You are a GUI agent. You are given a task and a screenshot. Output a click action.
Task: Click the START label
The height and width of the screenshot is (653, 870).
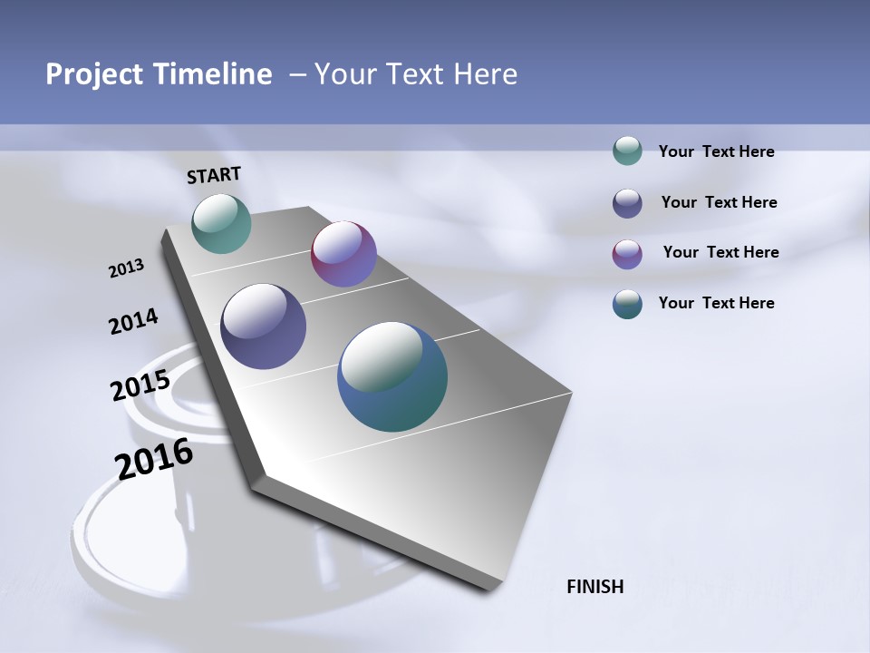(x=214, y=175)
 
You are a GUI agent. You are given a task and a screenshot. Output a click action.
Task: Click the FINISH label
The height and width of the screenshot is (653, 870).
(x=594, y=587)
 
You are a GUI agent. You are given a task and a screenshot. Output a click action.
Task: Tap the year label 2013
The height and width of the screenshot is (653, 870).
(x=126, y=268)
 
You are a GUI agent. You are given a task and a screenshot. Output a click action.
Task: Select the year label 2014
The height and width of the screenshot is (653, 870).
(x=133, y=322)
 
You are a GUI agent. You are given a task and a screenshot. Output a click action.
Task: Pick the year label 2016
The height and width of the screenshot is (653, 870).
(x=154, y=459)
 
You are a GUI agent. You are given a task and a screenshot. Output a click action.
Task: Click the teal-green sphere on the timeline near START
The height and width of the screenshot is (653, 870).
(x=221, y=223)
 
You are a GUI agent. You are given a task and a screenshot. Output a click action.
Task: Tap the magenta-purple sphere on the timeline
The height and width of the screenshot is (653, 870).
(x=343, y=254)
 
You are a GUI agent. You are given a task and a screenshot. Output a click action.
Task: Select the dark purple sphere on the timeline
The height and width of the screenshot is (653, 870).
(x=263, y=326)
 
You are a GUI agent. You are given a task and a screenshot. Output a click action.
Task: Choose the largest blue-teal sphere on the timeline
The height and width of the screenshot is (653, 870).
(x=392, y=376)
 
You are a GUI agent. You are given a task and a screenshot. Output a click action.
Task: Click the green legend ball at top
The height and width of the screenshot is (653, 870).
(x=627, y=151)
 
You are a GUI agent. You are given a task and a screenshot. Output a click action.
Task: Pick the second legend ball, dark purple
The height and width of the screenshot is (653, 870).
(x=627, y=203)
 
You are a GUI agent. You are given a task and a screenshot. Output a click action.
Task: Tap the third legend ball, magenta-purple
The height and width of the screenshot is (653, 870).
(x=627, y=254)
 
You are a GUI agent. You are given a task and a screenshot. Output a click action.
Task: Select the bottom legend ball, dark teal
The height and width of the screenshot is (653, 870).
(x=627, y=304)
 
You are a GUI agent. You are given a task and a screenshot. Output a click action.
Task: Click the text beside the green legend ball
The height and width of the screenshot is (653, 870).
(x=716, y=151)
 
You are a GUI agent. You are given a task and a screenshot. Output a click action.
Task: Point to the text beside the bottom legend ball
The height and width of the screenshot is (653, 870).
(x=716, y=303)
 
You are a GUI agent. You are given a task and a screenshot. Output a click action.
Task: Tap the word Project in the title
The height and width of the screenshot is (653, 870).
(x=92, y=74)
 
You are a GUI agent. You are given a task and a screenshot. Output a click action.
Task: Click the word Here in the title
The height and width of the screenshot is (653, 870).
(x=485, y=74)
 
